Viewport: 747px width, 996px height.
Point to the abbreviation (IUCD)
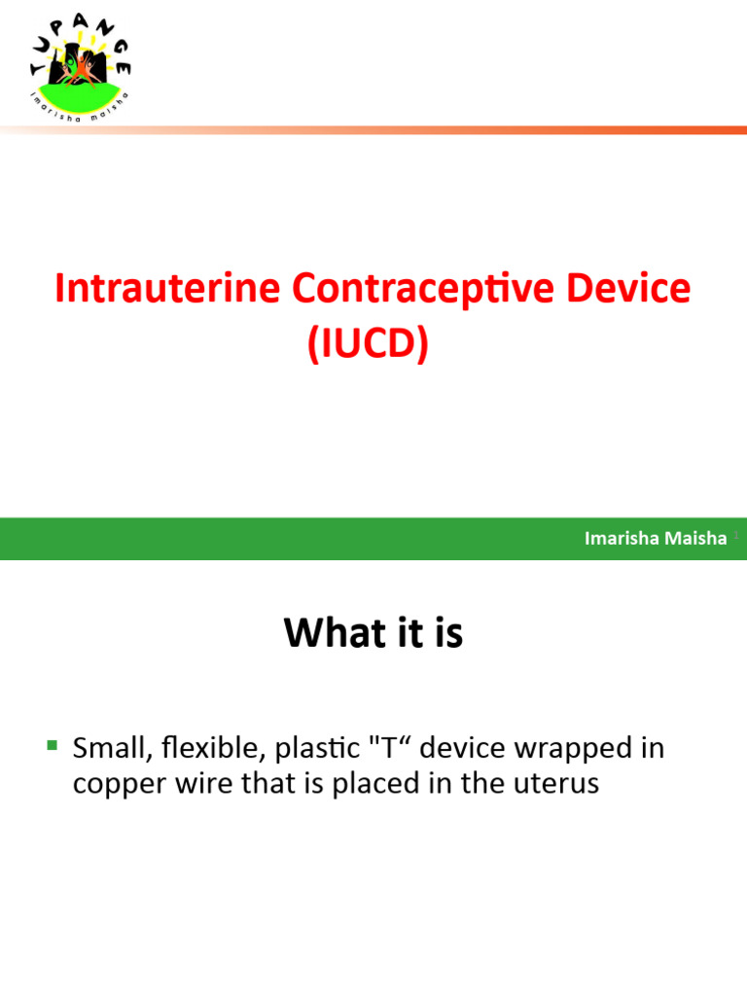pyautogui.click(x=369, y=346)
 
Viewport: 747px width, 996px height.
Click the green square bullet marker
pyautogui.click(x=52, y=746)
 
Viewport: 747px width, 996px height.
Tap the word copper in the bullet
pyautogui.click(x=115, y=785)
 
